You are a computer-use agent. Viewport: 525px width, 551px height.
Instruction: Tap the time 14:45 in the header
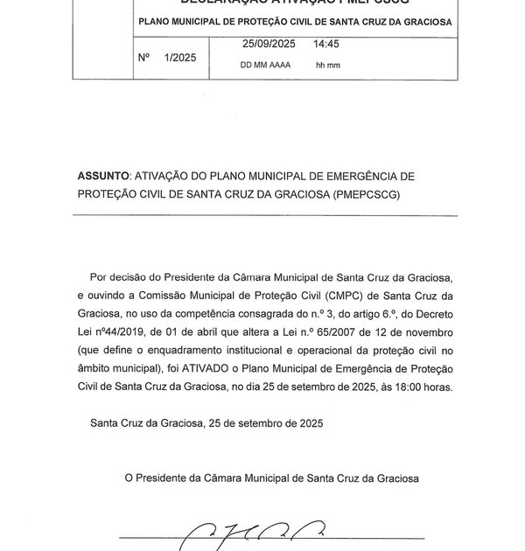(327, 42)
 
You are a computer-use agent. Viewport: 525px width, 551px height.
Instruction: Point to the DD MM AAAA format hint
(268, 66)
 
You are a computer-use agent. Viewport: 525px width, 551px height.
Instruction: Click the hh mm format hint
(326, 66)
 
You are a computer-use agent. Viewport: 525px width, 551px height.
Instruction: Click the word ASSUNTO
(103, 177)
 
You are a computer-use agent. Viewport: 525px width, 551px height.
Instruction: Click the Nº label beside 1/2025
(145, 59)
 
